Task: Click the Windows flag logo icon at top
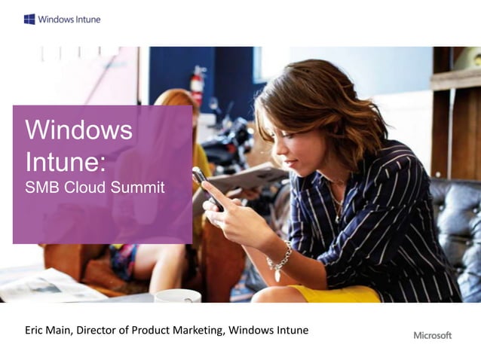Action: pos(29,19)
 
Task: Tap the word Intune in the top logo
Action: pos(86,19)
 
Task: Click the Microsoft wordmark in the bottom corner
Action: pos(432,335)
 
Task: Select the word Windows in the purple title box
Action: pos(78,130)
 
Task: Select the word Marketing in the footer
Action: pos(197,330)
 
